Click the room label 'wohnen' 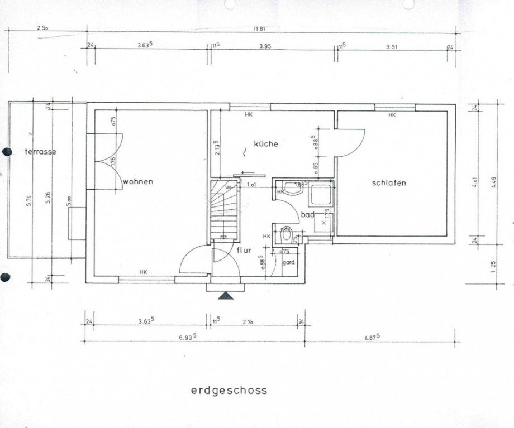coord(137,181)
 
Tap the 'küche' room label coord(265,143)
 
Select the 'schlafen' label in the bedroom coord(388,183)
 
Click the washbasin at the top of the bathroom coord(292,188)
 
